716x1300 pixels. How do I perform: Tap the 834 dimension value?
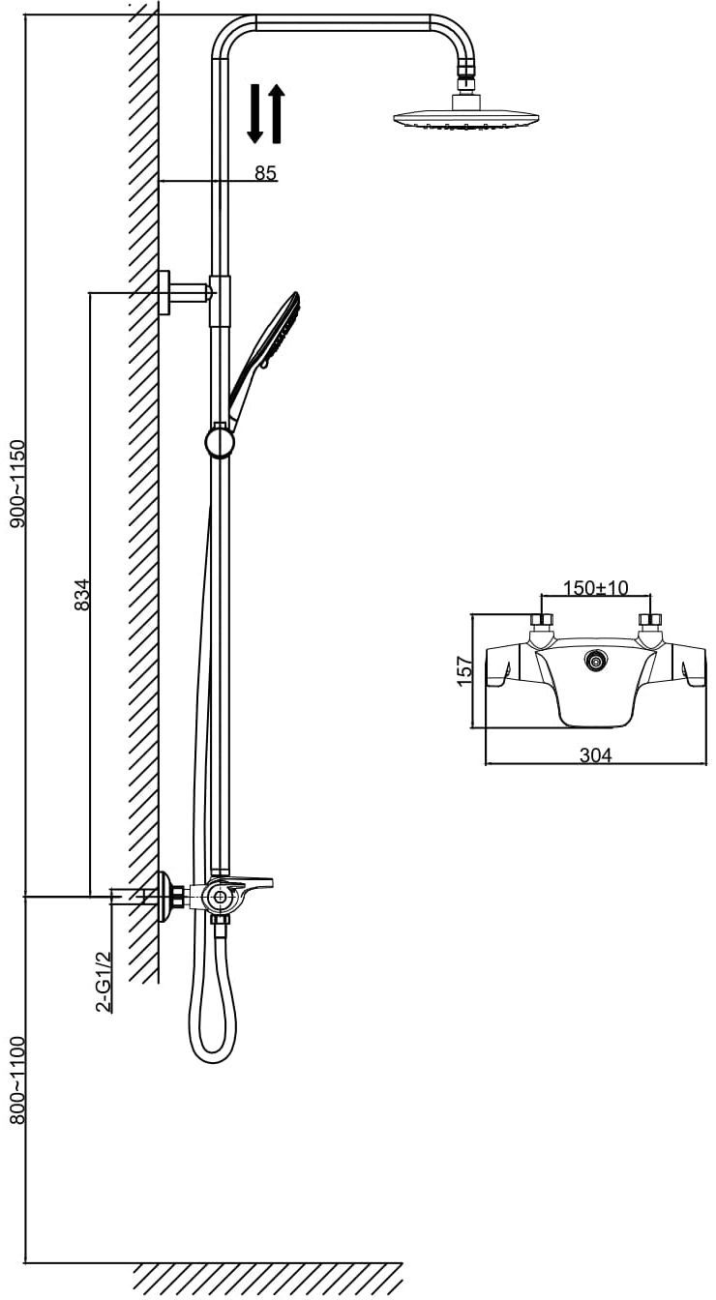82,594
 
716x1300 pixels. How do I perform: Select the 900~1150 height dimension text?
16,484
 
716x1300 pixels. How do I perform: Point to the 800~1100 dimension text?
16,1079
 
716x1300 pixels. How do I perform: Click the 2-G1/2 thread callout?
104,981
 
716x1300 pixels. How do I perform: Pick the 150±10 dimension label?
596,588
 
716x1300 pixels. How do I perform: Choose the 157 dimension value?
463,669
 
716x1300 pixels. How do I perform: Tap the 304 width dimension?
595,755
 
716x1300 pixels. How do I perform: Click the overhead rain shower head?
464,118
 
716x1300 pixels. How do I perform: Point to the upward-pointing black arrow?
276,112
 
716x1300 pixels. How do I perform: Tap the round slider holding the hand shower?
220,442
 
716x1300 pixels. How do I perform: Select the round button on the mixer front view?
595,663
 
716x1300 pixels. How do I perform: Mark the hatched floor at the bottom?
266,1278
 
